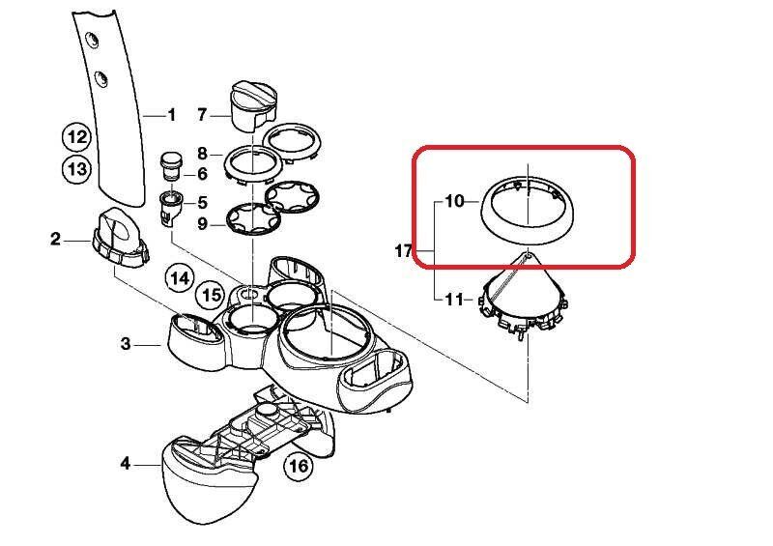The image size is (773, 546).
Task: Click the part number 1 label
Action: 172,115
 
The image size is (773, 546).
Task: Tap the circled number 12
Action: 76,136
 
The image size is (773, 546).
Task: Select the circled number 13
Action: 76,169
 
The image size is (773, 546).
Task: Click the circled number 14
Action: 180,279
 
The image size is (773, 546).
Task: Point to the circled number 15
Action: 212,296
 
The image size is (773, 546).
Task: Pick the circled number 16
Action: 299,466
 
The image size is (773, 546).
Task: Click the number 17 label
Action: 403,251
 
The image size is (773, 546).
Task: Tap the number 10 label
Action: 454,201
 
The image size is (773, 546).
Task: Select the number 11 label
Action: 454,300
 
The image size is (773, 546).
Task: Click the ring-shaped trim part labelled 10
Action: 526,231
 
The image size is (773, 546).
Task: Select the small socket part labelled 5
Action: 171,207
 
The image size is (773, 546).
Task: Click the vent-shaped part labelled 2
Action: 120,238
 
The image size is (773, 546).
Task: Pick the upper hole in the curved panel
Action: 91,40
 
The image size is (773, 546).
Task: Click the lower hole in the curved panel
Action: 100,79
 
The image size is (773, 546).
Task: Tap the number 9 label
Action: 202,224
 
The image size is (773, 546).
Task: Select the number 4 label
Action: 126,464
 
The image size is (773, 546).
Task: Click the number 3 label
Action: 126,343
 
